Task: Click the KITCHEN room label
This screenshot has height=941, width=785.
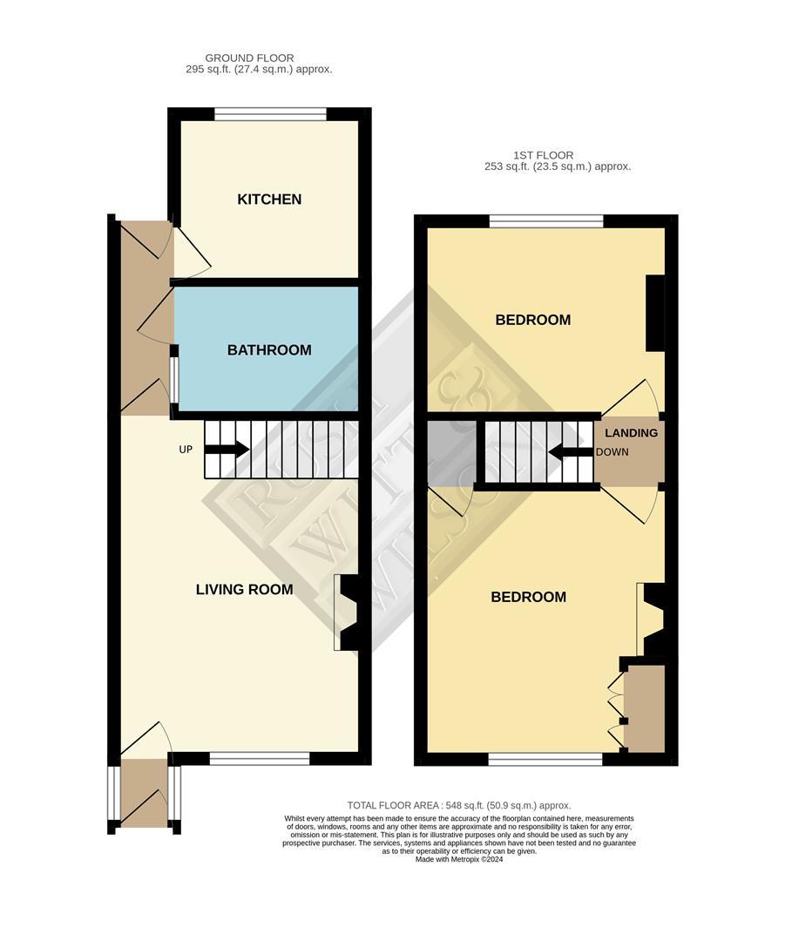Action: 269,200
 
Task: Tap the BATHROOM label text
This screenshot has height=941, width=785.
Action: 269,350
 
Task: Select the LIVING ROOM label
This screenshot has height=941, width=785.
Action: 244,590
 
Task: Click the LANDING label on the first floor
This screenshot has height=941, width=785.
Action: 631,433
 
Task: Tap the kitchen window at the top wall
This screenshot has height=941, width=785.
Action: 270,113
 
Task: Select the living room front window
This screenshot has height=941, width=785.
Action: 260,759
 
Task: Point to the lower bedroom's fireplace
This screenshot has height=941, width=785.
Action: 653,619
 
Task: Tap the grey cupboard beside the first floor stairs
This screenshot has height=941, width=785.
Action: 451,452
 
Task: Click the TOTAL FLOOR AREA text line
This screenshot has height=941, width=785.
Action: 459,806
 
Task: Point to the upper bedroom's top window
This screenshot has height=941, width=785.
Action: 546,221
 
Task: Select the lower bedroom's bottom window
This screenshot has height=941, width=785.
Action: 545,760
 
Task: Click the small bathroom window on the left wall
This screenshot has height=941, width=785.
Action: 174,380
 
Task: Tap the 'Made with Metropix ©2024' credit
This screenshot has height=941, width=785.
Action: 459,859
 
